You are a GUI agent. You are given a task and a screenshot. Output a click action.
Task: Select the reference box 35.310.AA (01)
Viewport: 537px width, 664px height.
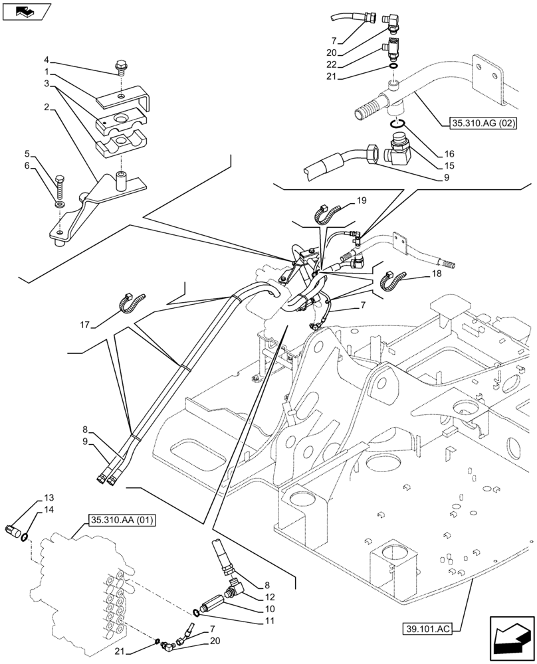tap(120, 520)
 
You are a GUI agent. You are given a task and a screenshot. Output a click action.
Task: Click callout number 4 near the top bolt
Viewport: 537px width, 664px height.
tap(47, 58)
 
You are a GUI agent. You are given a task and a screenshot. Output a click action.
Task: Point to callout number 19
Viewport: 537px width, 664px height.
tap(361, 201)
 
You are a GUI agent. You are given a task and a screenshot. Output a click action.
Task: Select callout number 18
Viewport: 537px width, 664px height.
tap(435, 274)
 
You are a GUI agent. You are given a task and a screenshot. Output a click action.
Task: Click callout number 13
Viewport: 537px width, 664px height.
tap(49, 498)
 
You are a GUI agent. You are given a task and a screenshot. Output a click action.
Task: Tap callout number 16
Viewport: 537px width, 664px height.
tap(449, 154)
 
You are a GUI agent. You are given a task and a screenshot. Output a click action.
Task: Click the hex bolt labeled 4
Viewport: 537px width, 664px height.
tap(121, 65)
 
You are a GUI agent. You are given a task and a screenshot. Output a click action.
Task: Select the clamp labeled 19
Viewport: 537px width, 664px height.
tap(326, 213)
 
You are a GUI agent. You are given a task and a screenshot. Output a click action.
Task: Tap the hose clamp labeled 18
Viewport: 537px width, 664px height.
tap(392, 282)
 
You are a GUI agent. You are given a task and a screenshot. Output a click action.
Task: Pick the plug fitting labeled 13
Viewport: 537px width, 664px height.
tap(15, 529)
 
